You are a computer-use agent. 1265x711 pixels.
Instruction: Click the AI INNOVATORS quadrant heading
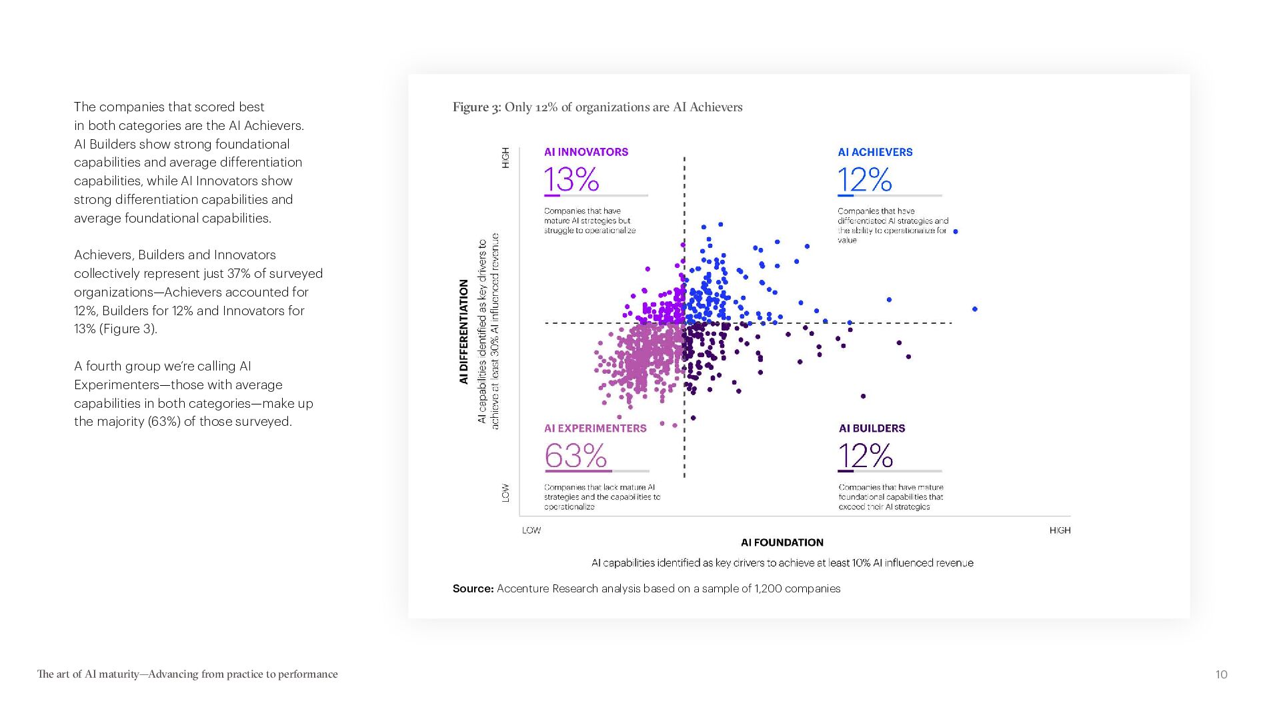(x=585, y=152)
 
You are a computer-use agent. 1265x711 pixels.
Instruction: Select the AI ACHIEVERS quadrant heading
(x=875, y=152)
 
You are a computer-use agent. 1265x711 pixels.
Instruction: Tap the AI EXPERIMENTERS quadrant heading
(x=595, y=428)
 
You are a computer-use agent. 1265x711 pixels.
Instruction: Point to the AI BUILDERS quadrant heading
(x=872, y=428)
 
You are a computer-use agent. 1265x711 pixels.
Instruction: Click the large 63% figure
(x=575, y=456)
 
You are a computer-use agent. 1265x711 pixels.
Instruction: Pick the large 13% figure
(x=571, y=180)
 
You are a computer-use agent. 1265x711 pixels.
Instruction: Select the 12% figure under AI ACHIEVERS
(x=864, y=180)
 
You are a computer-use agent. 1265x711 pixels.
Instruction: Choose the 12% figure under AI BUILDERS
(x=865, y=456)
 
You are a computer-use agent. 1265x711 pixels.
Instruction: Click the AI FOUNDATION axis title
(x=782, y=542)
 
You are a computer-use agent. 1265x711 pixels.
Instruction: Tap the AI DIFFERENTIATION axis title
(x=463, y=331)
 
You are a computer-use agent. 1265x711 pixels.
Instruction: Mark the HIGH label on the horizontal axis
(x=1060, y=530)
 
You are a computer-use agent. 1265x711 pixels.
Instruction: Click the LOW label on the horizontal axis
(x=531, y=530)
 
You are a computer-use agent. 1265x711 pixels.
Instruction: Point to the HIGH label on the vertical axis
(x=505, y=158)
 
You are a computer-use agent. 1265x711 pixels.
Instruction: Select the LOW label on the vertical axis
(x=505, y=493)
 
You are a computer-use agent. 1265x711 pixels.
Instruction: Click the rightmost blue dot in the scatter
(x=975, y=309)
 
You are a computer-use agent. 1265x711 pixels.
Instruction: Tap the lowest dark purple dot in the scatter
(x=693, y=418)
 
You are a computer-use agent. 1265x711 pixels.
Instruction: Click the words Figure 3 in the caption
(x=476, y=107)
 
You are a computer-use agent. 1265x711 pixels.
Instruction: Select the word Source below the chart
(x=473, y=588)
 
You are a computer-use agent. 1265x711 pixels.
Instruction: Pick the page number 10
(x=1221, y=674)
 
